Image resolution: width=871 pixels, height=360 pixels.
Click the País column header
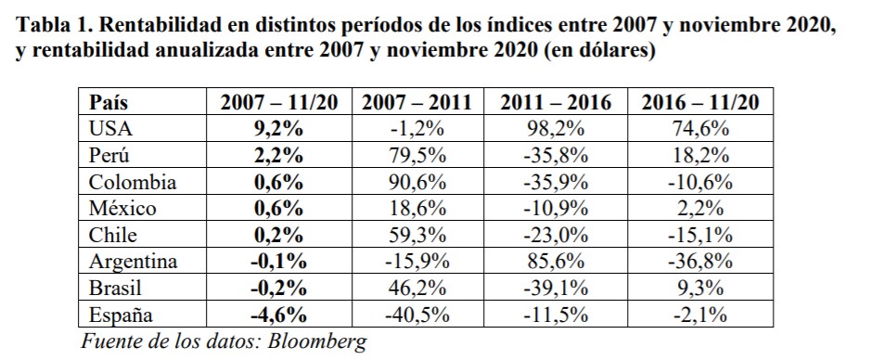(109, 102)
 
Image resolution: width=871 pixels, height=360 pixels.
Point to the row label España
(117, 315)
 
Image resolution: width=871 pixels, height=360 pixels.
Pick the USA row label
(109, 129)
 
